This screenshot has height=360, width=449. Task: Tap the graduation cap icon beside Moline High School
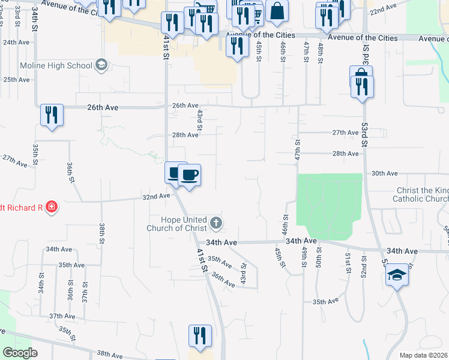[101, 65]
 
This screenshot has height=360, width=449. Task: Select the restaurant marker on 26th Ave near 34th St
[51, 115]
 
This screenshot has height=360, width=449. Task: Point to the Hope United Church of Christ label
[178, 224]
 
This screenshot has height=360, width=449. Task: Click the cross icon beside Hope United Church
[216, 224]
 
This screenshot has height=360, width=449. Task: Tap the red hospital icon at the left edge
[52, 208]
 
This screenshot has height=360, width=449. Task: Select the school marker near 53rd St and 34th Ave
[397, 276]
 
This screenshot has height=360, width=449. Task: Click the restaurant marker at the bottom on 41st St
[200, 335]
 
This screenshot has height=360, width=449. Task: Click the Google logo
[20, 352]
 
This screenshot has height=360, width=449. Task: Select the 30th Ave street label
[385, 173]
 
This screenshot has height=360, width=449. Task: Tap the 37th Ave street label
[62, 316]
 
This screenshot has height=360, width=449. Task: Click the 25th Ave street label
[16, 79]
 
